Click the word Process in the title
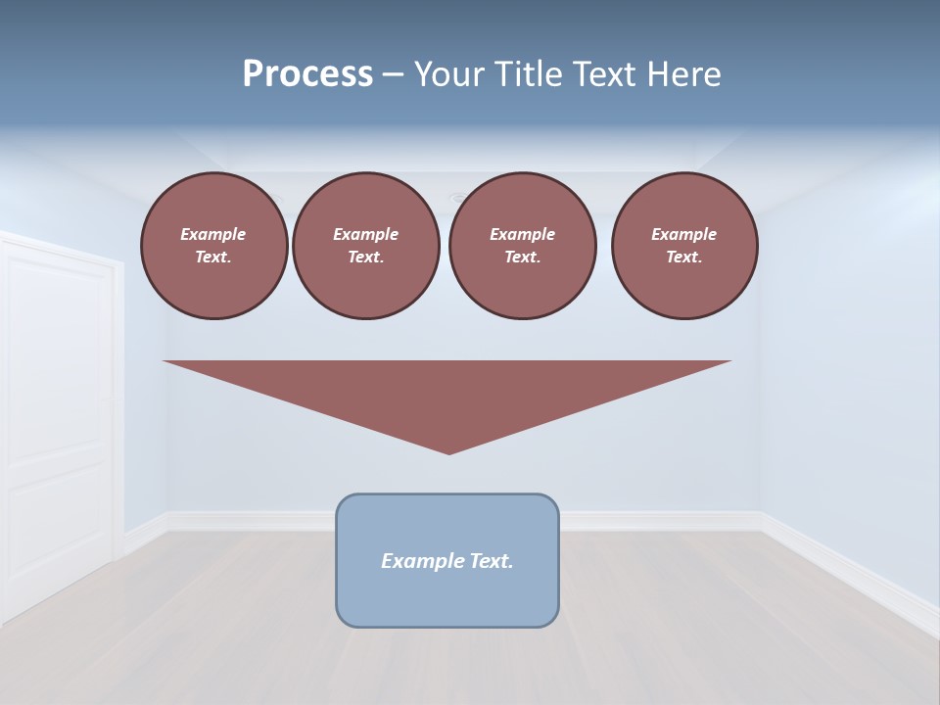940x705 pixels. point(307,74)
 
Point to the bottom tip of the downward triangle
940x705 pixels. point(448,452)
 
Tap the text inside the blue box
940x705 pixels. point(447,561)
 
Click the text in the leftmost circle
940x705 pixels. point(213,246)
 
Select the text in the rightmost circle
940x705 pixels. point(684,246)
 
